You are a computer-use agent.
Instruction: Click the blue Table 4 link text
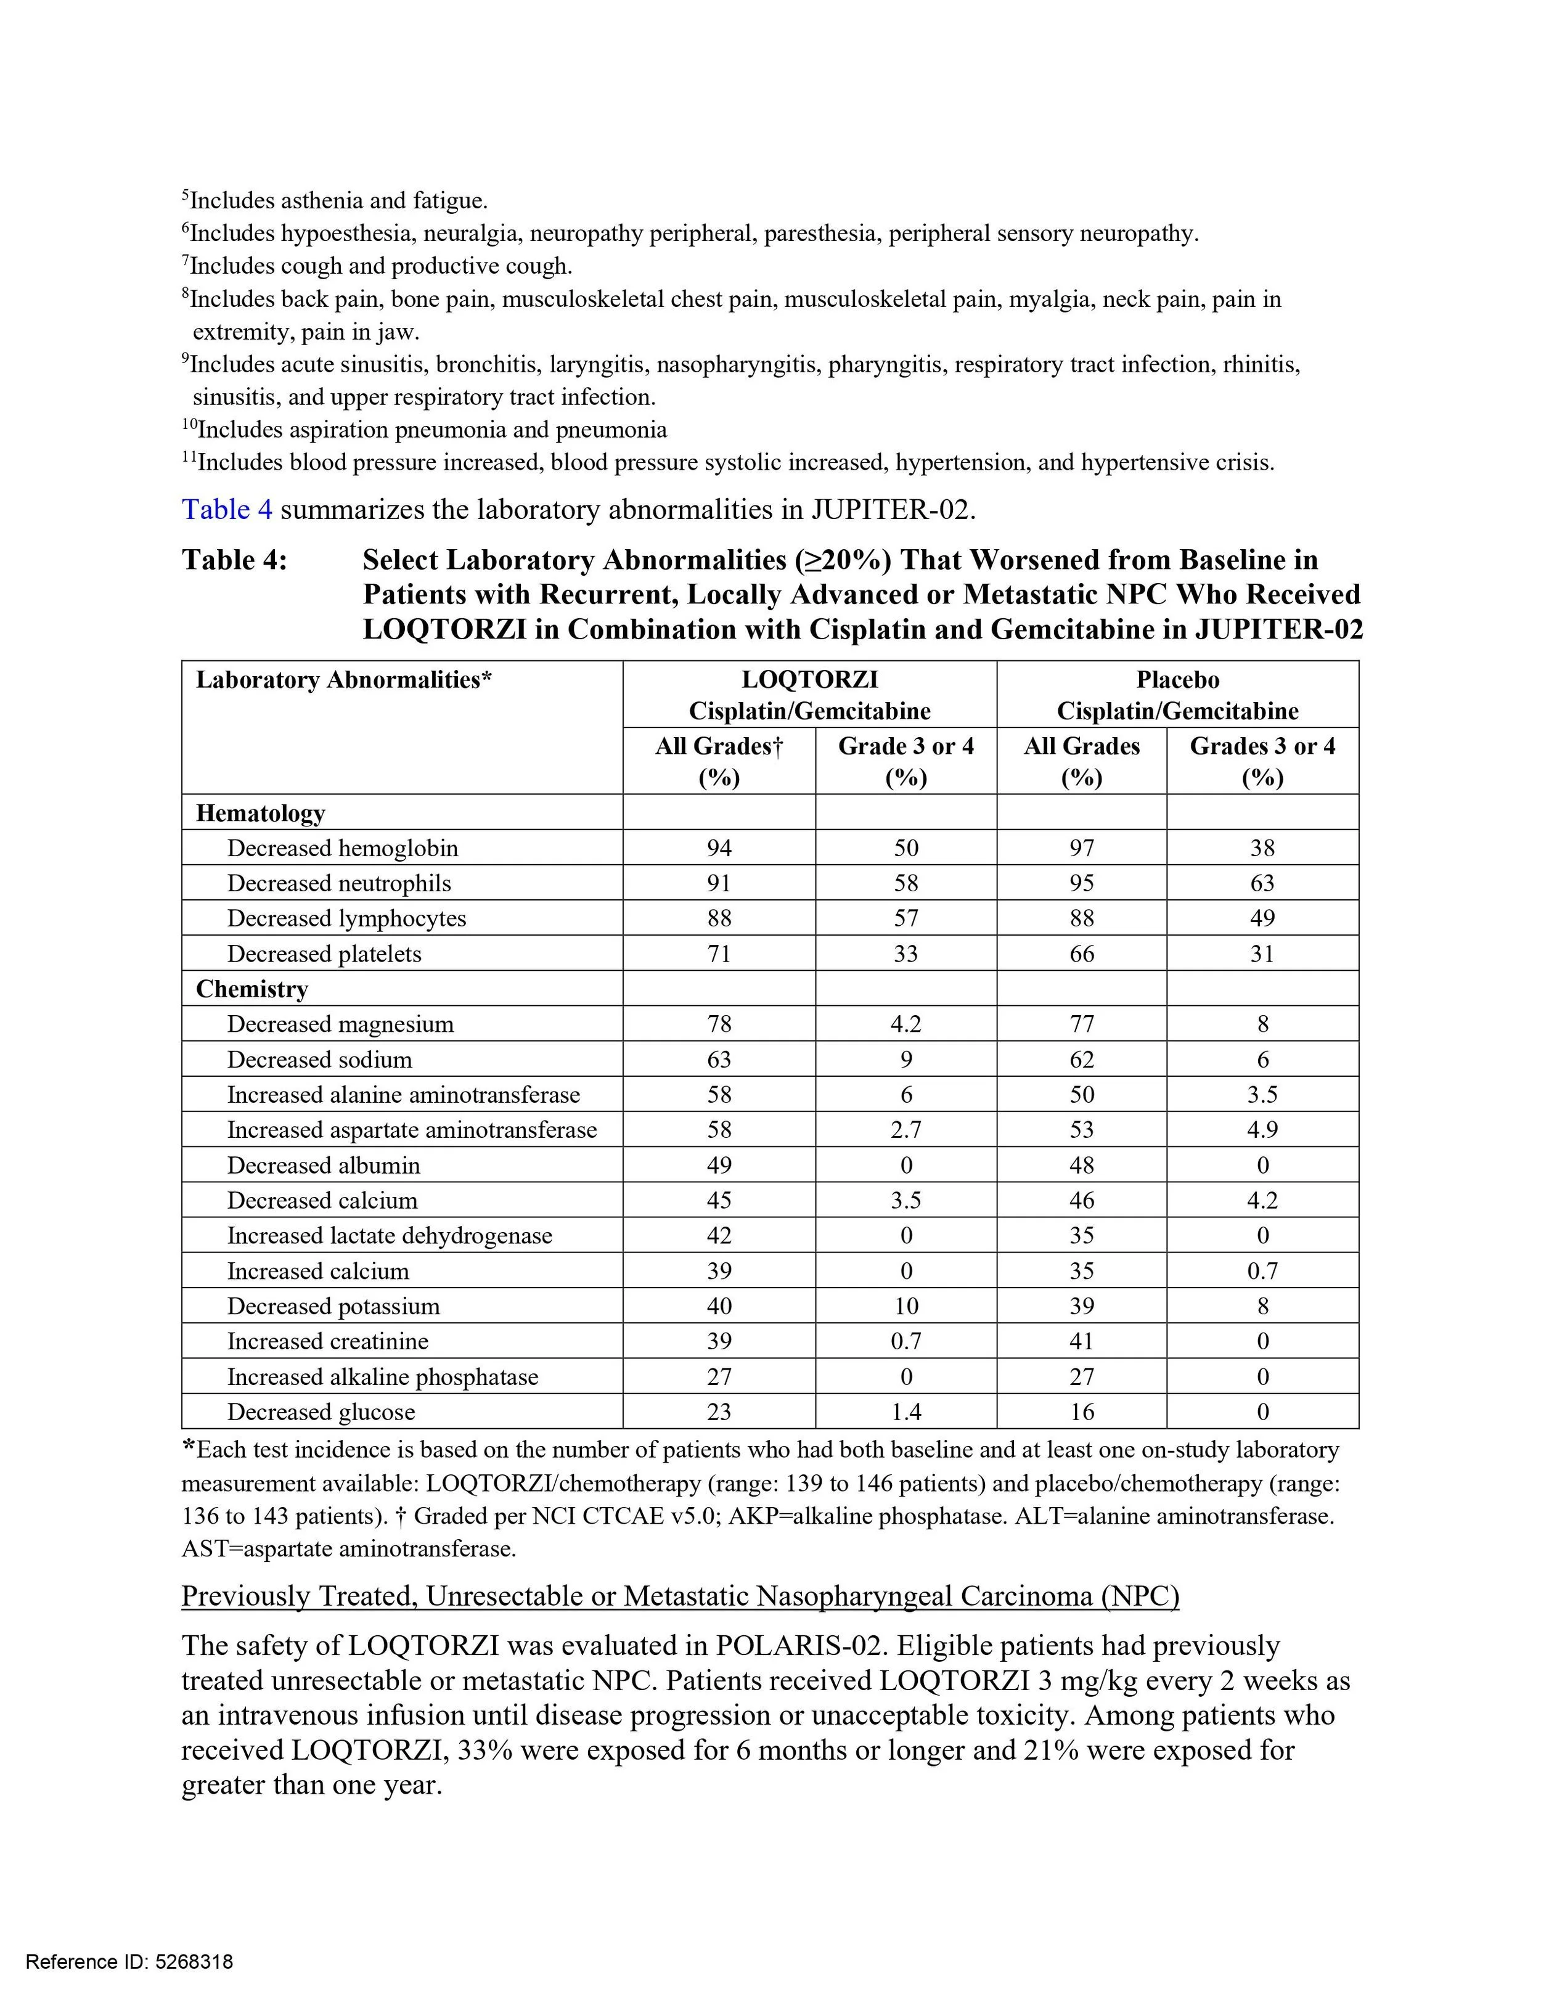[x=226, y=510]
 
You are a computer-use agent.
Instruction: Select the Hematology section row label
[x=260, y=812]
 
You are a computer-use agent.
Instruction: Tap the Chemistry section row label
[x=252, y=989]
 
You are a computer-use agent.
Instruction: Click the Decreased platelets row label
[x=324, y=954]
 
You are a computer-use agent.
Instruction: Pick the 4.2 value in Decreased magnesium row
[x=905, y=1024]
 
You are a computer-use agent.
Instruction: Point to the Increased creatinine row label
[x=328, y=1341]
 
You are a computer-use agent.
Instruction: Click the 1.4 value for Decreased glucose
[x=905, y=1412]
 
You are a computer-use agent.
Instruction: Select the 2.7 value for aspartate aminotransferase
[x=905, y=1130]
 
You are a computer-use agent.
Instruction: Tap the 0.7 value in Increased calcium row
[x=1262, y=1271]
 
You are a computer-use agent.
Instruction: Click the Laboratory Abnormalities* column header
[x=344, y=680]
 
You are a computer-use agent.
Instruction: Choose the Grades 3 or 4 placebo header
[x=1262, y=761]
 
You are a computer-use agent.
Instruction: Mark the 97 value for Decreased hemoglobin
[x=1081, y=848]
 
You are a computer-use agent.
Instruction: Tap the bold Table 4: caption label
[x=235, y=560]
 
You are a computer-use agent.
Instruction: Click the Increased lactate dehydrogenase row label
[x=390, y=1236]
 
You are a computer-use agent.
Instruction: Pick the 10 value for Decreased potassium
[x=905, y=1307]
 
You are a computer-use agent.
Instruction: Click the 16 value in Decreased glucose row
[x=1081, y=1412]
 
